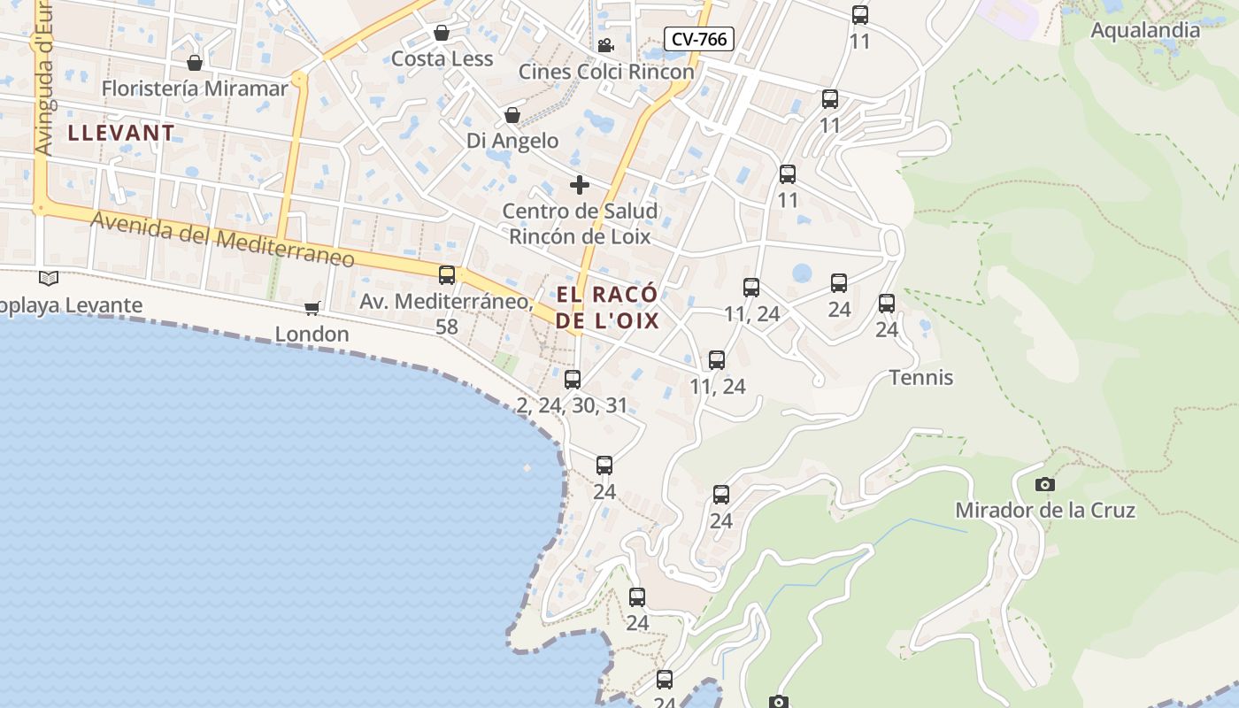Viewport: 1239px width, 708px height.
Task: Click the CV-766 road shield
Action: [x=699, y=39]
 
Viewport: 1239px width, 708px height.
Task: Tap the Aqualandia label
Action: [x=1145, y=30]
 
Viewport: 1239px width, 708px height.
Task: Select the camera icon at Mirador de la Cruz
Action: [x=1045, y=484]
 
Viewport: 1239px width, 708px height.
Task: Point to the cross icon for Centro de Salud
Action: [x=580, y=185]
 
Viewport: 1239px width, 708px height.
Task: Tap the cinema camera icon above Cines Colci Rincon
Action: [x=605, y=45]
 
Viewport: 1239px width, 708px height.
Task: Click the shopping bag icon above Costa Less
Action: [x=442, y=33]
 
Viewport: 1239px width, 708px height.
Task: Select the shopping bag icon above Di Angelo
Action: [x=512, y=115]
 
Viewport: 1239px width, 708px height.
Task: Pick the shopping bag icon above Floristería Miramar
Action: [x=195, y=63]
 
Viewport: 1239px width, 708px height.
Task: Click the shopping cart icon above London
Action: [x=312, y=308]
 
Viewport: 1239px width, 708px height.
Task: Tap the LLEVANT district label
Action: [x=121, y=134]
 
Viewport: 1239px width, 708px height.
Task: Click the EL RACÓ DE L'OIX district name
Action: [x=608, y=307]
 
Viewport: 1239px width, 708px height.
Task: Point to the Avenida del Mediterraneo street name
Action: [x=222, y=239]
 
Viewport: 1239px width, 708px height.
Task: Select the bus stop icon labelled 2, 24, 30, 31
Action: [x=573, y=380]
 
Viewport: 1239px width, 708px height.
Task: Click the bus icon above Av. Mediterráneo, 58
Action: [x=447, y=275]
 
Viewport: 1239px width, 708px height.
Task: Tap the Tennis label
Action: [x=921, y=378]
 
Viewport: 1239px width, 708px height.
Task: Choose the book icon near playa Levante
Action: [x=49, y=279]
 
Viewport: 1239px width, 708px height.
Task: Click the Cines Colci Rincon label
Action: [x=606, y=72]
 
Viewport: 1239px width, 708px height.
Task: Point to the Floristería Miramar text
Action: [x=195, y=88]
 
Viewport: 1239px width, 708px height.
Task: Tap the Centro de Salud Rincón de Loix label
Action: [x=580, y=224]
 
